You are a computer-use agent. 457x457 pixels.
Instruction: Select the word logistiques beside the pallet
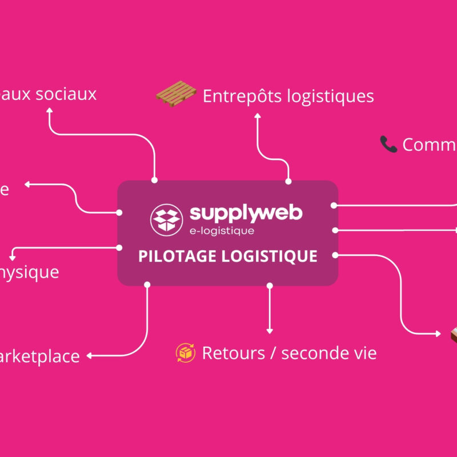[x=330, y=96]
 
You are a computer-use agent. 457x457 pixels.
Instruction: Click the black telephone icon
[x=388, y=144]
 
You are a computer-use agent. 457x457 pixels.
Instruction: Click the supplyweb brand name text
[x=246, y=213]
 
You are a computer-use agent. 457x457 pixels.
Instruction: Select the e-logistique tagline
[x=222, y=231]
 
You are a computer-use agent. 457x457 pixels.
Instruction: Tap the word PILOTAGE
[x=176, y=256]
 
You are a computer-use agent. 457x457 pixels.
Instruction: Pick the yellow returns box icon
[x=186, y=353]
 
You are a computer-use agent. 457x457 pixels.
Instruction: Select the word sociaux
[x=66, y=94]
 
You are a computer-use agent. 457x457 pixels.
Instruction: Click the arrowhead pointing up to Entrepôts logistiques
[x=258, y=116]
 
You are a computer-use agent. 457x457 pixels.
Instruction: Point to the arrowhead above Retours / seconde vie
[x=270, y=330]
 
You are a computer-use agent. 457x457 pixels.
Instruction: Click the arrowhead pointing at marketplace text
[x=89, y=356]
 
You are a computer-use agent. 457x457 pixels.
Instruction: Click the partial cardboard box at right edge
[x=453, y=335]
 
